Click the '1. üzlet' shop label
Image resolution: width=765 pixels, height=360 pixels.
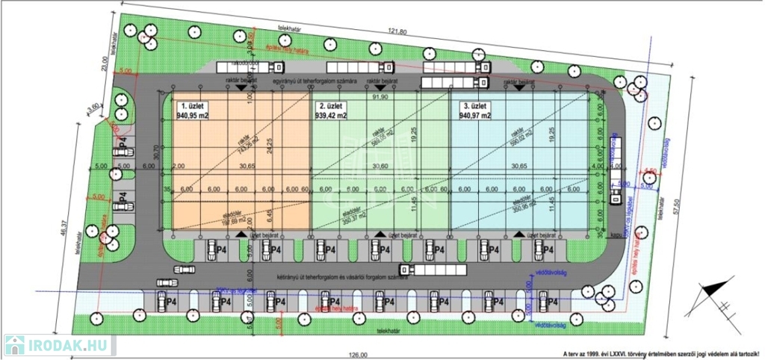pyautogui.click(x=191, y=107)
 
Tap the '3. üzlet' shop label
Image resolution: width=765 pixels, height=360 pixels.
pyautogui.click(x=475, y=107)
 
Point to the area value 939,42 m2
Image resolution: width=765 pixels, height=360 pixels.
pyautogui.click(x=332, y=116)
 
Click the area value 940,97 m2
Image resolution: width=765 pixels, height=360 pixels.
pyautogui.click(x=475, y=116)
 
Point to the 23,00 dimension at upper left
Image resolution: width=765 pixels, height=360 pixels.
pyautogui.click(x=105, y=66)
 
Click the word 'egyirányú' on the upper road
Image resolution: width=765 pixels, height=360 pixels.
pyautogui.click(x=288, y=80)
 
